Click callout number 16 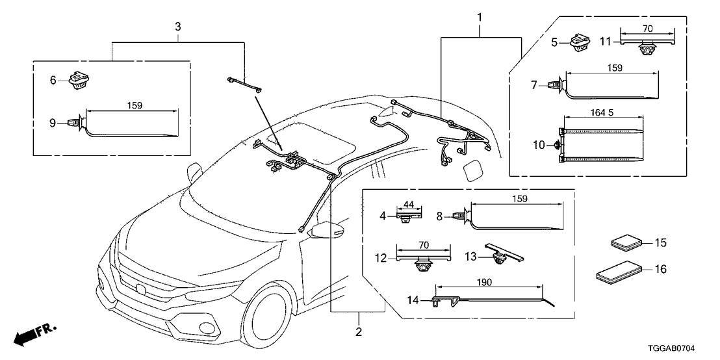coord(660,269)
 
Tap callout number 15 coord(660,243)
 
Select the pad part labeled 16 coord(619,272)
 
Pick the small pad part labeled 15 coord(626,244)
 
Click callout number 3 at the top coord(178,27)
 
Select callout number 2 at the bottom coord(358,332)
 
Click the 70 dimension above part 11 coord(647,29)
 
